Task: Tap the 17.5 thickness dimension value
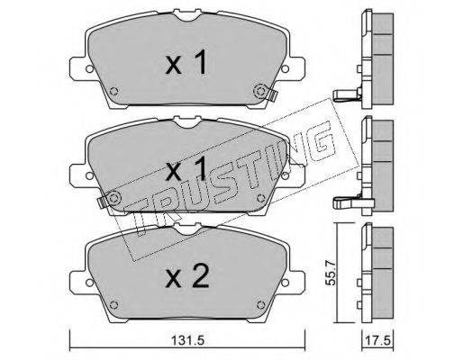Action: pos(377,340)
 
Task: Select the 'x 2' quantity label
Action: pos(187,277)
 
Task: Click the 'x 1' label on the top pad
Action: pos(186,62)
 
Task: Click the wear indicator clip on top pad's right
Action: pos(272,94)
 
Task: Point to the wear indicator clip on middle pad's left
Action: pos(102,202)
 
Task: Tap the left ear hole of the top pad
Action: pos(89,68)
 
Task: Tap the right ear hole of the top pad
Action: pos(285,68)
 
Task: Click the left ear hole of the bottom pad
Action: pos(89,283)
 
